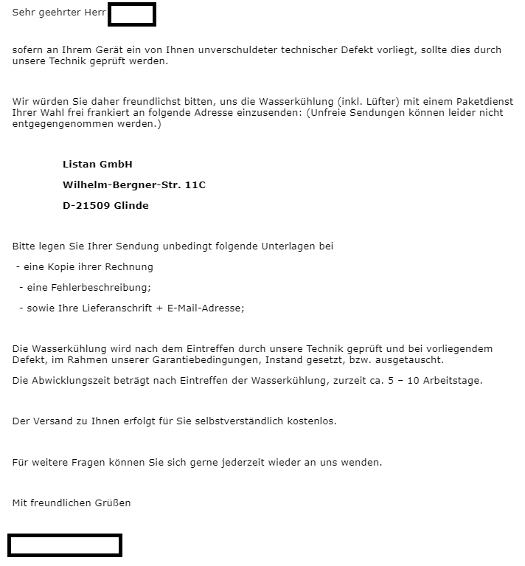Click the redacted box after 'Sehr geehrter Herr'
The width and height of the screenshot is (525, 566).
pos(132,14)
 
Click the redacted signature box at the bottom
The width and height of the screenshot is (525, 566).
pos(65,545)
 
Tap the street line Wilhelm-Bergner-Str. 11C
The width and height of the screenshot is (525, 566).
pos(133,184)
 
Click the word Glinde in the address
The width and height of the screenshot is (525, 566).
pos(131,205)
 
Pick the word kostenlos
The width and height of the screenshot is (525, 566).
pos(310,421)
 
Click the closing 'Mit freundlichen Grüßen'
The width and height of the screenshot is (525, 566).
pos(72,503)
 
